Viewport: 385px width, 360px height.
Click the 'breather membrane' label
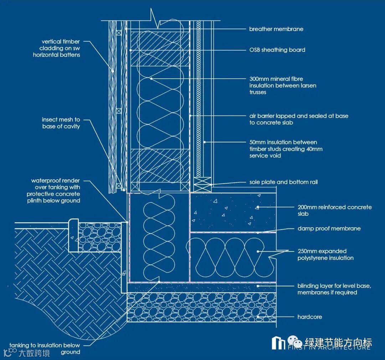click(x=276, y=29)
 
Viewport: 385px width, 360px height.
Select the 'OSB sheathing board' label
click(x=277, y=50)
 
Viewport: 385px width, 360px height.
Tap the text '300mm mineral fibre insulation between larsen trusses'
click(x=283, y=86)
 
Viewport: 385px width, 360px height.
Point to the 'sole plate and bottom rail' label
click(x=283, y=182)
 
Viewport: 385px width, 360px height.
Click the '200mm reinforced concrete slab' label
click(x=334, y=210)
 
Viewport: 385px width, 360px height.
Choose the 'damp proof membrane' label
click(x=329, y=228)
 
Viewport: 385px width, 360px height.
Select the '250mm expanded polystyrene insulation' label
click(x=325, y=254)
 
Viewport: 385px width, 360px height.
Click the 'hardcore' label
click(x=310, y=317)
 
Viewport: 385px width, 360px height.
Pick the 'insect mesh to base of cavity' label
click(x=61, y=123)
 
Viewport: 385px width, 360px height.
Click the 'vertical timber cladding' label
click(x=57, y=48)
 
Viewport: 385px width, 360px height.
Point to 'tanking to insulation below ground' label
click(x=45, y=349)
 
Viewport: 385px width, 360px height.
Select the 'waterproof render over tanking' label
click(x=53, y=191)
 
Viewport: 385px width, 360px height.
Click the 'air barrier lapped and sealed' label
click(x=299, y=119)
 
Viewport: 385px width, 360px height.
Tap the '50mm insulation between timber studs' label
click(x=286, y=149)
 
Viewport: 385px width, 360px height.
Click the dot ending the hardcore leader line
click(x=258, y=317)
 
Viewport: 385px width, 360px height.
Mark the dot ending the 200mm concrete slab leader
click(x=257, y=207)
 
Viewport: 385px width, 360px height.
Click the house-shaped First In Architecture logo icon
click(x=278, y=343)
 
